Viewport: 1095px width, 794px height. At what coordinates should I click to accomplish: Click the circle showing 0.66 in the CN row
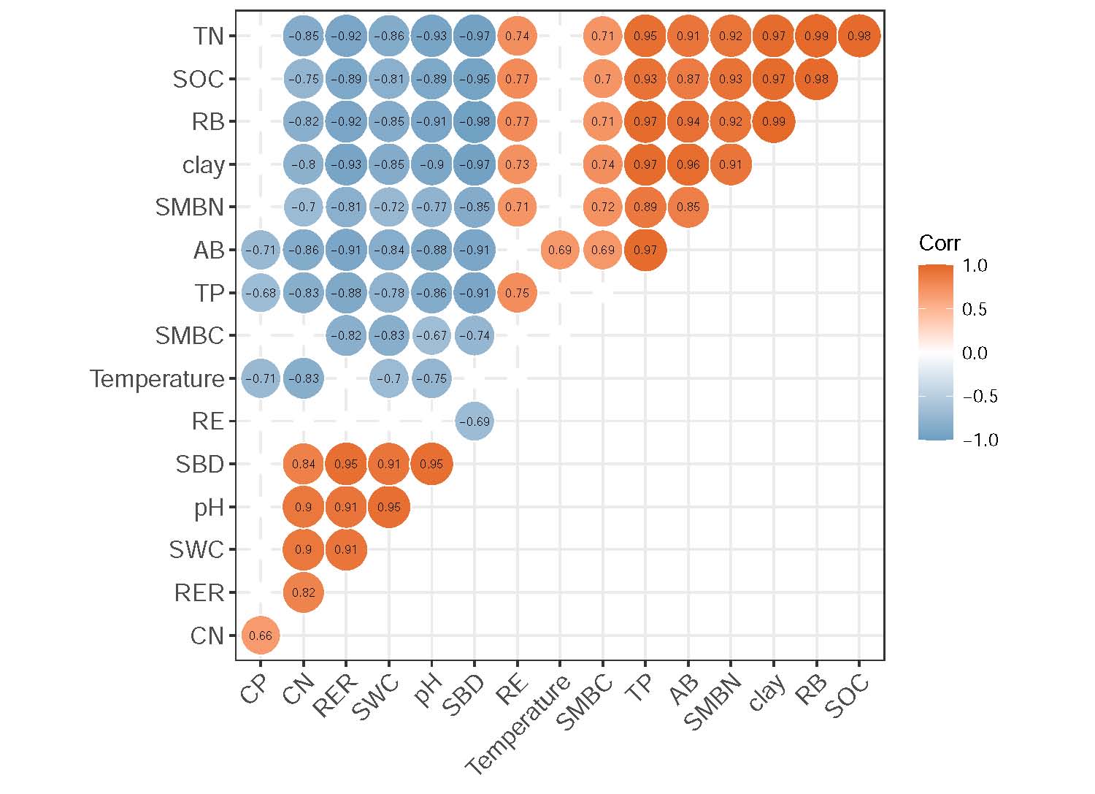coord(261,635)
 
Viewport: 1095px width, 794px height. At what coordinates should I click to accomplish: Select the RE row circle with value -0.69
coord(474,421)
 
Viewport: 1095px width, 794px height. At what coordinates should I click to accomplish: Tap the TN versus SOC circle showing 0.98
coord(859,35)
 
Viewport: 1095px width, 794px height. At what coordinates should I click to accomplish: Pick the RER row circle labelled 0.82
coord(303,592)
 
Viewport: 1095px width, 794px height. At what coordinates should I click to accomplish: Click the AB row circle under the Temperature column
coord(560,250)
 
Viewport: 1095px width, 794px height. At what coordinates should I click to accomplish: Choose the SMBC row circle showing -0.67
coord(431,335)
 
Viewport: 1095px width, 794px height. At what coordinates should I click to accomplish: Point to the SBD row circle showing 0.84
coord(303,464)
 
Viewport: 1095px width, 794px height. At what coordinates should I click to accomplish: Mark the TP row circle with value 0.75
coord(517,292)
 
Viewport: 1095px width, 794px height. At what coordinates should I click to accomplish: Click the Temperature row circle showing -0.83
coord(303,378)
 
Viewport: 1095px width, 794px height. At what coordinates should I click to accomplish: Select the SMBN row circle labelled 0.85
coord(688,207)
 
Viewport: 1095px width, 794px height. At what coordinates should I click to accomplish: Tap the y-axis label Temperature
coord(157,379)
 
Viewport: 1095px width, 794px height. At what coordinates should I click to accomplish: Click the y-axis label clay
coord(203,165)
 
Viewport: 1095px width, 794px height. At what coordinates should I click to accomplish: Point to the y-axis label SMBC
coord(189,336)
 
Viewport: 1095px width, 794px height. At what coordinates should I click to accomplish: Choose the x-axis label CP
coord(255,690)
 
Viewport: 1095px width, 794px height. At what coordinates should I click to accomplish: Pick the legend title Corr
coord(939,243)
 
